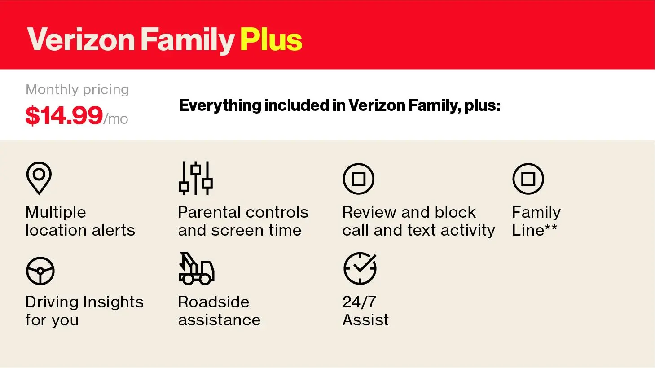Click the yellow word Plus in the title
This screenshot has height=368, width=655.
point(271,40)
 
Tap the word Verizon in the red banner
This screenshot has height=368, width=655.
point(81,40)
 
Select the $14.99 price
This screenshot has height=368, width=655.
point(64,116)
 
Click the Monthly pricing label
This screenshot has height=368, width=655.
point(77,90)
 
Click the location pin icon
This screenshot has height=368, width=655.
point(39,178)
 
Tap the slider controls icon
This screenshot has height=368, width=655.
point(196,178)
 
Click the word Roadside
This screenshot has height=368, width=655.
point(214,302)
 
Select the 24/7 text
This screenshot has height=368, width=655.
point(359,302)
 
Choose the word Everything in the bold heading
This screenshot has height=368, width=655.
point(220,106)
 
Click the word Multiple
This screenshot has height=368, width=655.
point(56,213)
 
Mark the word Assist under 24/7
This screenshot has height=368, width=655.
point(365,320)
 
